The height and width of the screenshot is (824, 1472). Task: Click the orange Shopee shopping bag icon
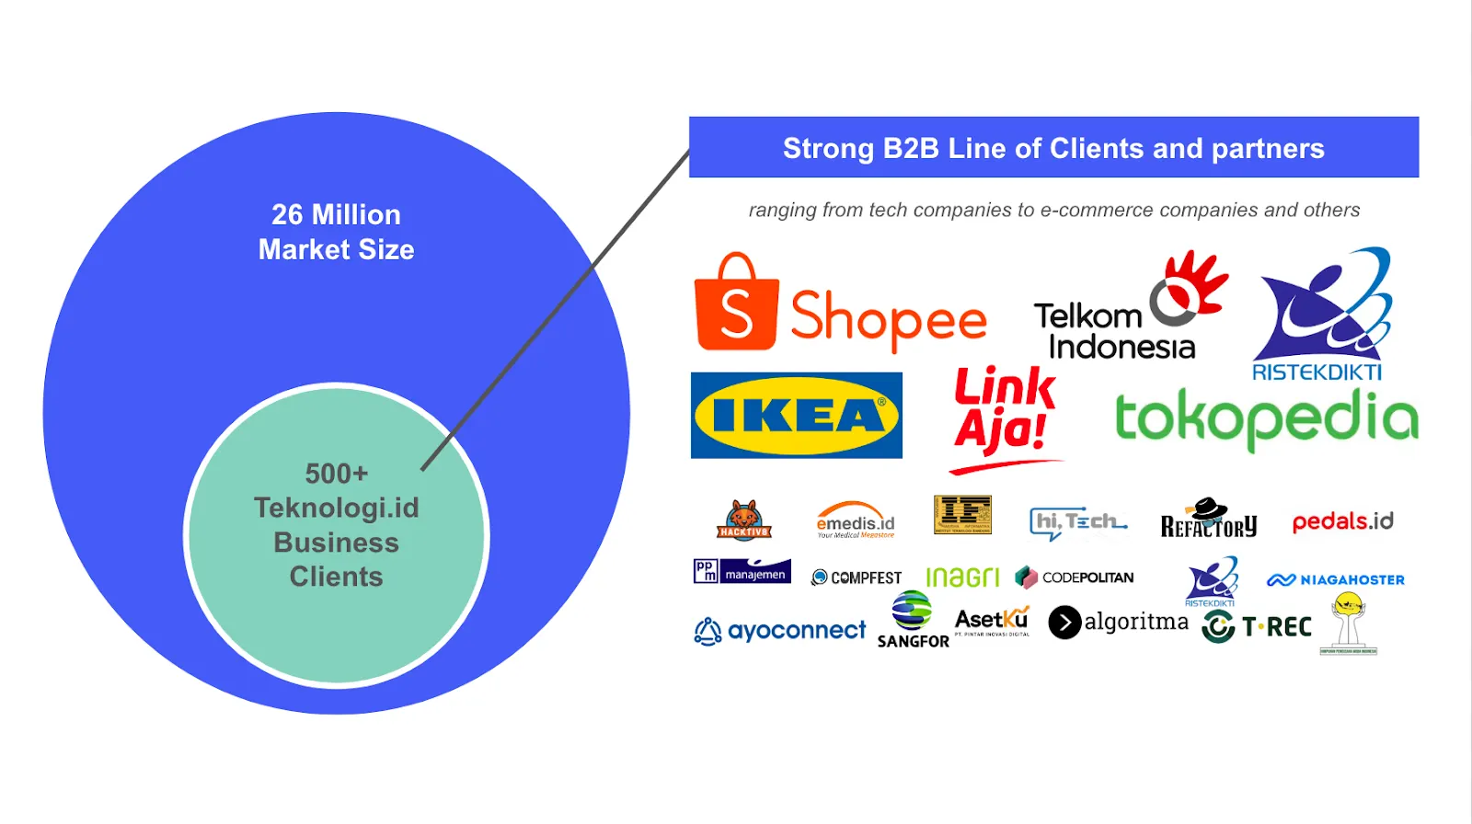737,304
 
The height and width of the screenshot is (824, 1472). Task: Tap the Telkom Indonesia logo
1130,308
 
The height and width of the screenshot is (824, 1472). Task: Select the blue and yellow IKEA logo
797,415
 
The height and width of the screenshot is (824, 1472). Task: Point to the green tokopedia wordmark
1266,418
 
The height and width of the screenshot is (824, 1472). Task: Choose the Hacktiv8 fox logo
743,521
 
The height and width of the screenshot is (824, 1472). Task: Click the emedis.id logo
856,521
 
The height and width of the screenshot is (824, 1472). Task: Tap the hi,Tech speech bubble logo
1077,522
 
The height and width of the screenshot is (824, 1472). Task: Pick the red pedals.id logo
1342,521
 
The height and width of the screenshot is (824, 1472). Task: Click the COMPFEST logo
857,578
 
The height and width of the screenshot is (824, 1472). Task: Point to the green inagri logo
962,578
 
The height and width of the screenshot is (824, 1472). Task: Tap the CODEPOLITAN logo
1075,578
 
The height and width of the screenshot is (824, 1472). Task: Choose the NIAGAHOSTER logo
1336,579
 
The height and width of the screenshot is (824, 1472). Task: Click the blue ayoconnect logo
780,631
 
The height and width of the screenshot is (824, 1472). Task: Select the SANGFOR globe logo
912,620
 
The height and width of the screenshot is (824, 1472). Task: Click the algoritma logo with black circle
1118,623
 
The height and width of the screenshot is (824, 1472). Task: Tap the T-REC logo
1257,627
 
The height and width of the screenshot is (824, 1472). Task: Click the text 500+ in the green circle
337,474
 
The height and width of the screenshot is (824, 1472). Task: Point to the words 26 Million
337,215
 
